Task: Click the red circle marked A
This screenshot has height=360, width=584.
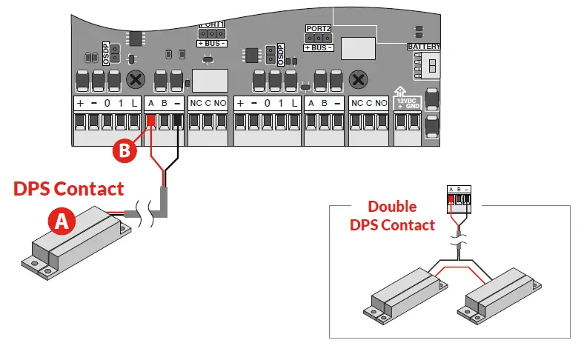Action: (61, 220)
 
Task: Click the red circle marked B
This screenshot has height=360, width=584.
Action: (124, 150)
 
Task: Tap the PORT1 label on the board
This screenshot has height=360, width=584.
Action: (212, 23)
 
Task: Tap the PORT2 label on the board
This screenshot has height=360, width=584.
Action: (318, 28)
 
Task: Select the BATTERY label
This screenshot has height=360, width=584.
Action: (423, 47)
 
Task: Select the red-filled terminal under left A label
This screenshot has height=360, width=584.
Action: (150, 121)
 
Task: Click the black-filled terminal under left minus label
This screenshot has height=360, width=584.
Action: (177, 121)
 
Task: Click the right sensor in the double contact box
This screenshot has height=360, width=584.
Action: (500, 296)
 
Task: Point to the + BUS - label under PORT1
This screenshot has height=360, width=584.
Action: (211, 44)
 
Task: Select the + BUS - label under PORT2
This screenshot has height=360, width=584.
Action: (318, 48)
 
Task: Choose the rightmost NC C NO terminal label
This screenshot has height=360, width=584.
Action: (369, 102)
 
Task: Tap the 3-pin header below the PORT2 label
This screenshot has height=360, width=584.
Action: (318, 38)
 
